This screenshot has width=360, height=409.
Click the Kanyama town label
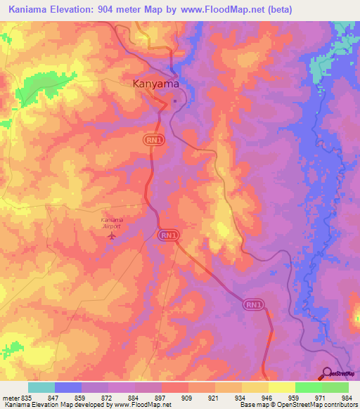[156, 83]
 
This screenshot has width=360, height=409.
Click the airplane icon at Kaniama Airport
[111, 235]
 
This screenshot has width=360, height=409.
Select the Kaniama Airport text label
[111, 223]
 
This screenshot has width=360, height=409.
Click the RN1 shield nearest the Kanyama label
[153, 141]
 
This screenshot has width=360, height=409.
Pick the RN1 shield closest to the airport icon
[167, 234]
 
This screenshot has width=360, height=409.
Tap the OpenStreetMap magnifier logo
[327, 373]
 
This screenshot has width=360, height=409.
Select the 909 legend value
[167, 398]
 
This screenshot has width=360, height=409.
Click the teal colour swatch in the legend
[41, 387]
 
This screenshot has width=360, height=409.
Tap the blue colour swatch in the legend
[68, 387]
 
